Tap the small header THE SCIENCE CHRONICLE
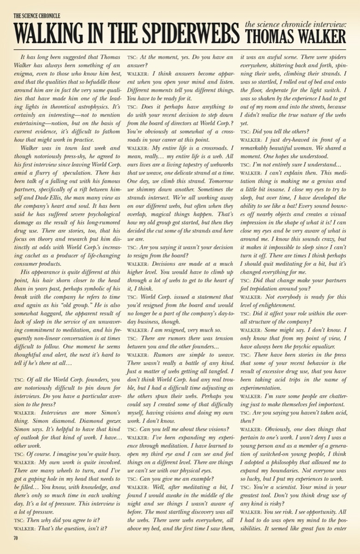pyautogui.click(x=36, y=16)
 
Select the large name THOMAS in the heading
pyautogui.click(x=268, y=36)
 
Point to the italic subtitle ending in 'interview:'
pyautogui.click(x=295, y=24)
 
